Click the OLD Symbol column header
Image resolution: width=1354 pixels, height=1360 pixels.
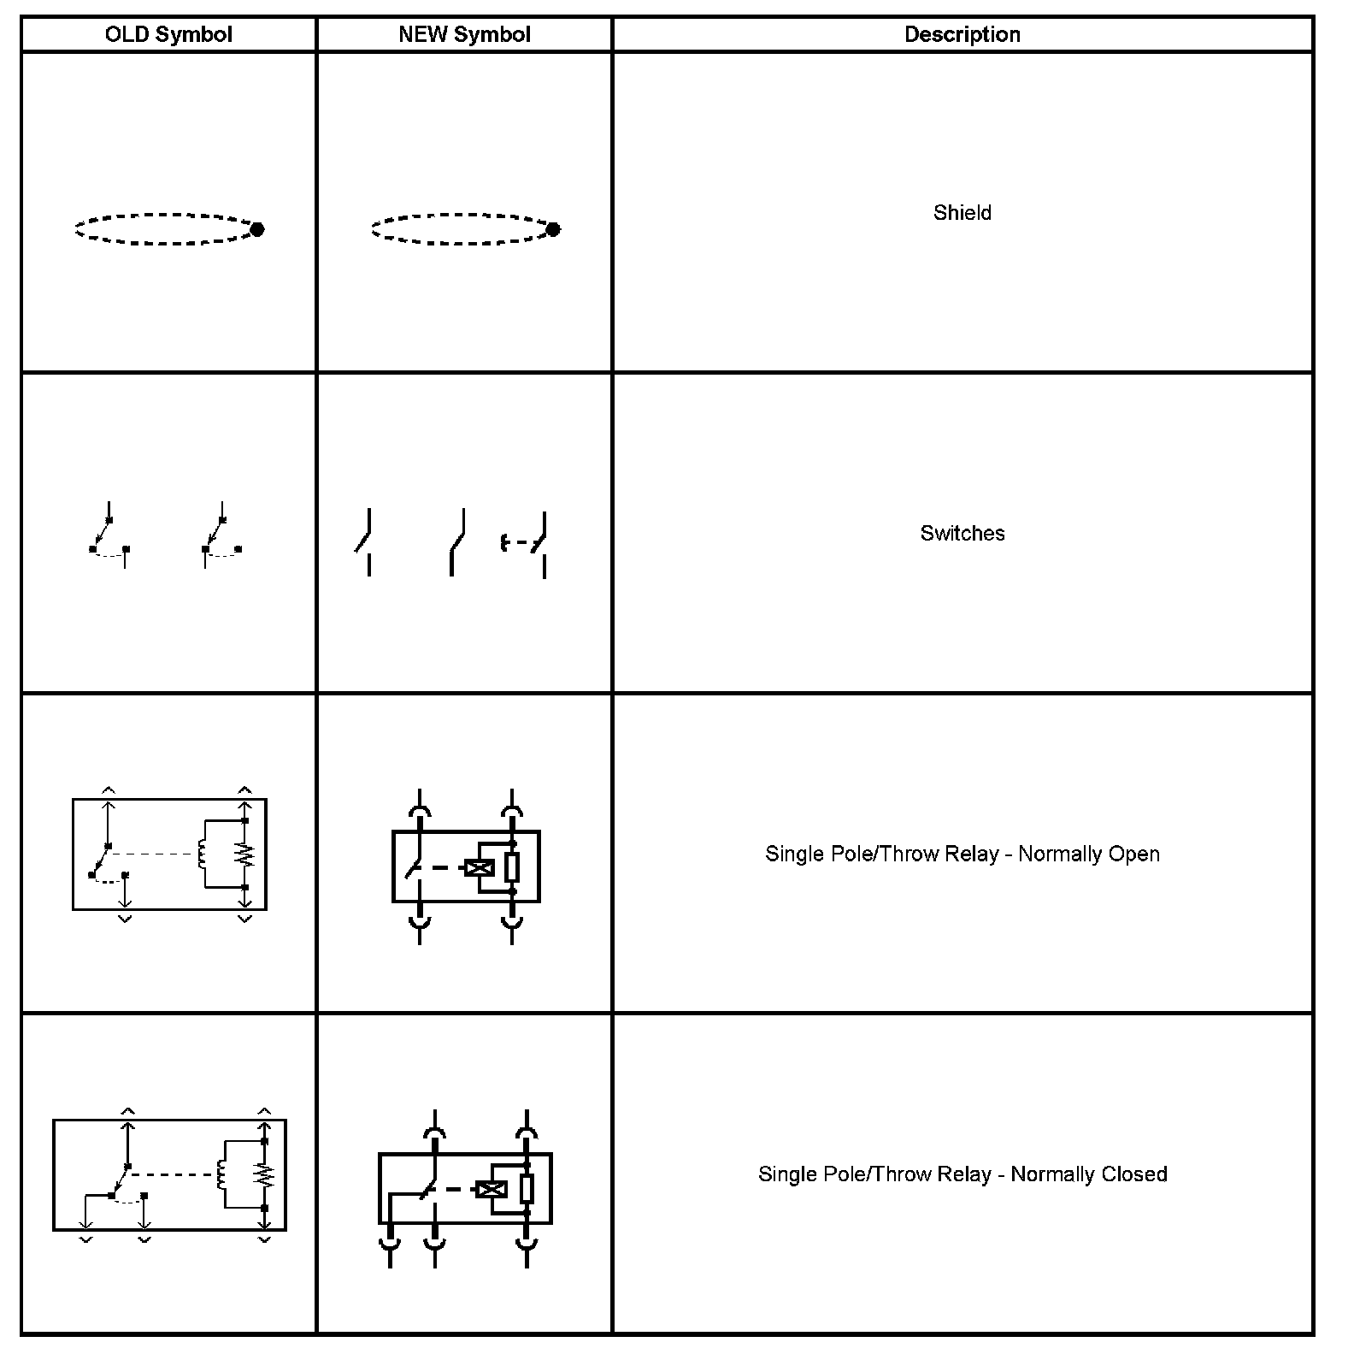point(168,35)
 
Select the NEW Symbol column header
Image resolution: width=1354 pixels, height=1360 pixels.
point(464,35)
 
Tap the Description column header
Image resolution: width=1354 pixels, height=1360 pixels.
point(963,35)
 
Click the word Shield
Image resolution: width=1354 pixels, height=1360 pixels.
point(963,213)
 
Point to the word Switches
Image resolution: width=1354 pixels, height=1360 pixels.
point(963,534)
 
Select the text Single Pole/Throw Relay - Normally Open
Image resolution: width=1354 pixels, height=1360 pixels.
point(963,854)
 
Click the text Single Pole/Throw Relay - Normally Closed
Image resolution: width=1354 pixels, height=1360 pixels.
point(963,1174)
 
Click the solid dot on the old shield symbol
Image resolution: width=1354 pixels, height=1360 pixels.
point(257,229)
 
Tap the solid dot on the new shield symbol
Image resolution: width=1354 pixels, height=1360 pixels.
point(553,229)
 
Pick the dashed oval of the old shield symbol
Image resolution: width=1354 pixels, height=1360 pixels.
point(162,215)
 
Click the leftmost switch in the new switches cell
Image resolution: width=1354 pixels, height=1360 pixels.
point(364,541)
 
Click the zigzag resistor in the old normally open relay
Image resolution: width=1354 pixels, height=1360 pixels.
point(245,854)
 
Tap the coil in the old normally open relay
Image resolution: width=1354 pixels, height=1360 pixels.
point(202,854)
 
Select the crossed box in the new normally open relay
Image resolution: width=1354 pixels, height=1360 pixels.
point(479,868)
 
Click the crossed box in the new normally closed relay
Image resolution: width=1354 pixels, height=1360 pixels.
point(491,1189)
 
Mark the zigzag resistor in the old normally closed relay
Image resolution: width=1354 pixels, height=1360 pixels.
point(265,1175)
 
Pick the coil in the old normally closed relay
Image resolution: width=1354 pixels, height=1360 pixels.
point(221,1175)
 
